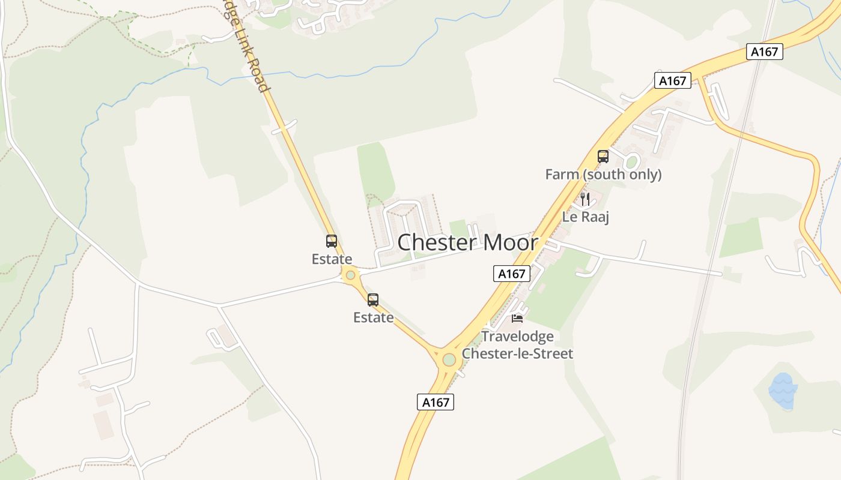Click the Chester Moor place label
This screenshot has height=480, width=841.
(467, 242)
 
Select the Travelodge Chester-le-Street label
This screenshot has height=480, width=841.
(517, 344)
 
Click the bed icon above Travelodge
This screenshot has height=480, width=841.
(517, 318)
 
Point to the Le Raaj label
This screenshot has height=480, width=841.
(585, 217)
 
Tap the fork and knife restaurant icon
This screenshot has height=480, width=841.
(585, 199)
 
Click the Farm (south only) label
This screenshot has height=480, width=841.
(603, 175)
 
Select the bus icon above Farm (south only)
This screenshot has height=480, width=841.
(603, 157)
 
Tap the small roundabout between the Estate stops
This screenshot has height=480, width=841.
(350, 275)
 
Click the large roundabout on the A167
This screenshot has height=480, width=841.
(449, 359)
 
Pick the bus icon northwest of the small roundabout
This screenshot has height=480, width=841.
(332, 241)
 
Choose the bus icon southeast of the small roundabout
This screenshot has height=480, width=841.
(373, 299)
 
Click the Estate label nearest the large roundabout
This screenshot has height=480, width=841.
(373, 317)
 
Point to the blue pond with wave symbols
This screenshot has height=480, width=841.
(783, 390)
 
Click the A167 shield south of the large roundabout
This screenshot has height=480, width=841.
(436, 402)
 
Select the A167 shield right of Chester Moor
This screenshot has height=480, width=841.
(512, 274)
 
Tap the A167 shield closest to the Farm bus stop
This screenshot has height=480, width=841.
(672, 80)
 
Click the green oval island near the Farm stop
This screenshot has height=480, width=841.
(631, 161)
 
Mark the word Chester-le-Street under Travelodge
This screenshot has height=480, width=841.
(517, 353)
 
